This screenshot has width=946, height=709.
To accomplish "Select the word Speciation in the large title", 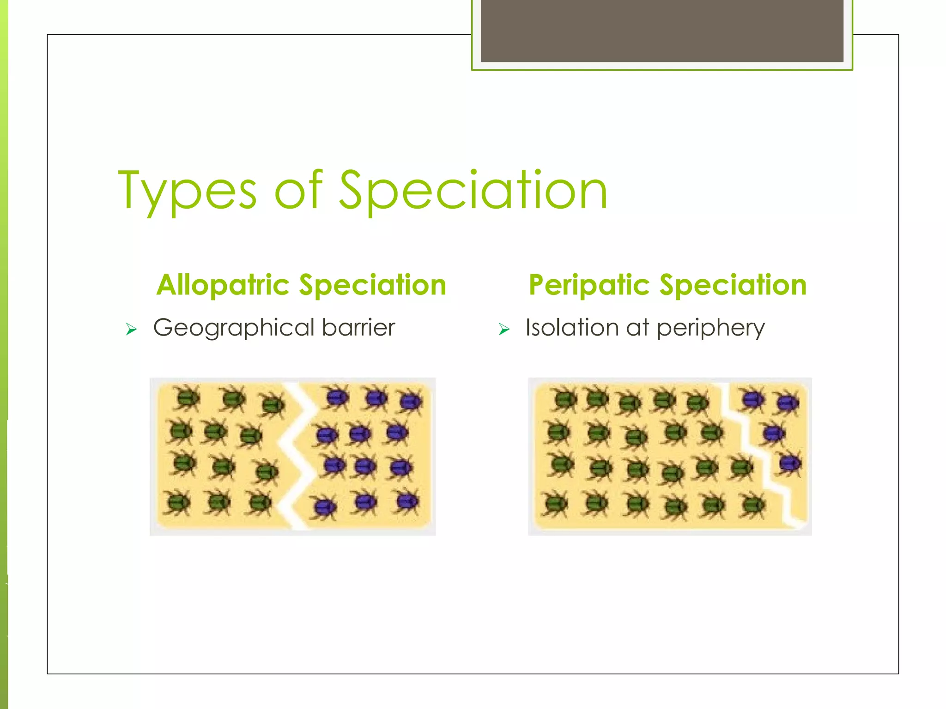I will coord(473,190).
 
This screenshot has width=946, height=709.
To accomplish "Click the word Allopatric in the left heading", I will coord(223,285).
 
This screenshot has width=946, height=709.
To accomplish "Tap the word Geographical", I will coord(233,328).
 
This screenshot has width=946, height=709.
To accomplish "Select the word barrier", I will coord(358,327).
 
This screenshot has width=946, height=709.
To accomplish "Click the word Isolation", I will coord(572,328).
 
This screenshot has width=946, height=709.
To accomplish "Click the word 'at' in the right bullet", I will coord(638,328).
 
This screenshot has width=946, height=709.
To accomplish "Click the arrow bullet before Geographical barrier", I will coord(132,329).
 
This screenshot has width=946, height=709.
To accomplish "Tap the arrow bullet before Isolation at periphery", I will coord(504,329).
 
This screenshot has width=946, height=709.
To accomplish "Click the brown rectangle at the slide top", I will coord(661,30).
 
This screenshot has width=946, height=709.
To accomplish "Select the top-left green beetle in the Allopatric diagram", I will coord(187,397).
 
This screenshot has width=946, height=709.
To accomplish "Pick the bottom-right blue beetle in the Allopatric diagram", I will coord(406,502).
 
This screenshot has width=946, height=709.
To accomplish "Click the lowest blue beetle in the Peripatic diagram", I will coord(790,462).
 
